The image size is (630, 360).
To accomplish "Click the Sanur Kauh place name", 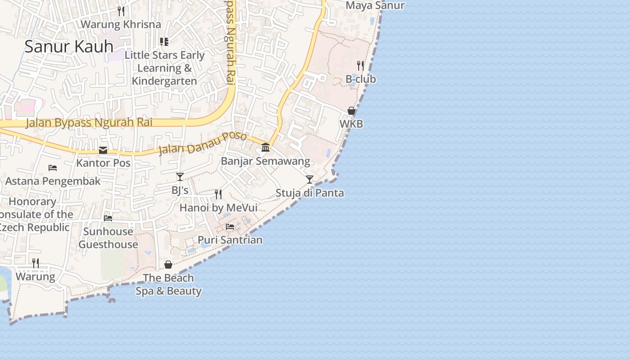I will pos(69,46).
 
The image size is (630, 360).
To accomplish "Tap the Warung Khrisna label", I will pos(121,24).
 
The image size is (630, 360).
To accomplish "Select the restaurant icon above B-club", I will pos(360,66).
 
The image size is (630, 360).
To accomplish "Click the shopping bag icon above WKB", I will pos(351,111).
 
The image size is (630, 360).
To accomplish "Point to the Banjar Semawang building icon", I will pos(265,147).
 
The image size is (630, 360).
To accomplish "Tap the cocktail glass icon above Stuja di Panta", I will pos(310,180).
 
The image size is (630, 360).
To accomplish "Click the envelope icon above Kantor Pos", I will pos(103,150).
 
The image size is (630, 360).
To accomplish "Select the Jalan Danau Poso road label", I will pos(202,143).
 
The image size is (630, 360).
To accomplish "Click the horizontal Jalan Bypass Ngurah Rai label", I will pos(89,122).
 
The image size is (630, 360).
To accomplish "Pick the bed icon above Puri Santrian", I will pos(230,226).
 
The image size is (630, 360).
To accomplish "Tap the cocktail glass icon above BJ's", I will pos(180,177).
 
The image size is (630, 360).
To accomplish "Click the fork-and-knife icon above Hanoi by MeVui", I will pos(218,194).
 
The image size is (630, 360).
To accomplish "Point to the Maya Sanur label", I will pos(375,5).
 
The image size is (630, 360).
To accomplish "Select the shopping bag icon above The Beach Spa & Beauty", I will pos(168,265).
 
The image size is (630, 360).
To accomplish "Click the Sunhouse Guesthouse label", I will pos(108,238).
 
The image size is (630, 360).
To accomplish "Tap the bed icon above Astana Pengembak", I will pos(53,168).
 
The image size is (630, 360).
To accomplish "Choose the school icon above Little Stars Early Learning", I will pos(164,42).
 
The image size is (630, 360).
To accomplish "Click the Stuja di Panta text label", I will pos(310,193).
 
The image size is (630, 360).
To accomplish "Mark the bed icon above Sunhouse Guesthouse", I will pos(108,218).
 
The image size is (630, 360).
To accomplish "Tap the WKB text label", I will pos(351,124).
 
